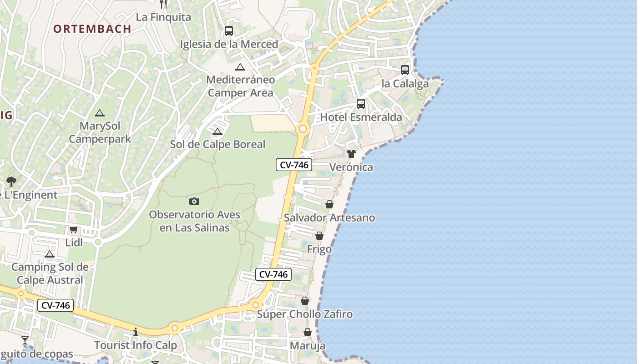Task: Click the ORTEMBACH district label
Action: (92, 29)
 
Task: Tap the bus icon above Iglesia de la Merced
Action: (229, 31)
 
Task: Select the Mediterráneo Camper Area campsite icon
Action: (240, 67)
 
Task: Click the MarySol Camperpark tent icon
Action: (100, 113)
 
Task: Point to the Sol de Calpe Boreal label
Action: (217, 144)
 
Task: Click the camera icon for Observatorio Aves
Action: (194, 201)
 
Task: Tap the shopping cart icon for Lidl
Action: (74, 230)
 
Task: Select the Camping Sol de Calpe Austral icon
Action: (50, 254)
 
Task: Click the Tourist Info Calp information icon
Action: (135, 332)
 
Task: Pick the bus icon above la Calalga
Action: (405, 70)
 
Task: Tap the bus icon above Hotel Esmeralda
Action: (361, 104)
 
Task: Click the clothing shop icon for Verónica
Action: (351, 154)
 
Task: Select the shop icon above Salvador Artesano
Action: (329, 204)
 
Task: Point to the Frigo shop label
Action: (319, 249)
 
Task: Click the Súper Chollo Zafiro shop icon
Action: (305, 301)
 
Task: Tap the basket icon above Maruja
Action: (308, 332)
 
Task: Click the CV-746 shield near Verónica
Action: (294, 165)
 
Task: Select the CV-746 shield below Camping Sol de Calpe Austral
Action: (56, 306)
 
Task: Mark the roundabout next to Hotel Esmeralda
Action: (302, 129)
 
